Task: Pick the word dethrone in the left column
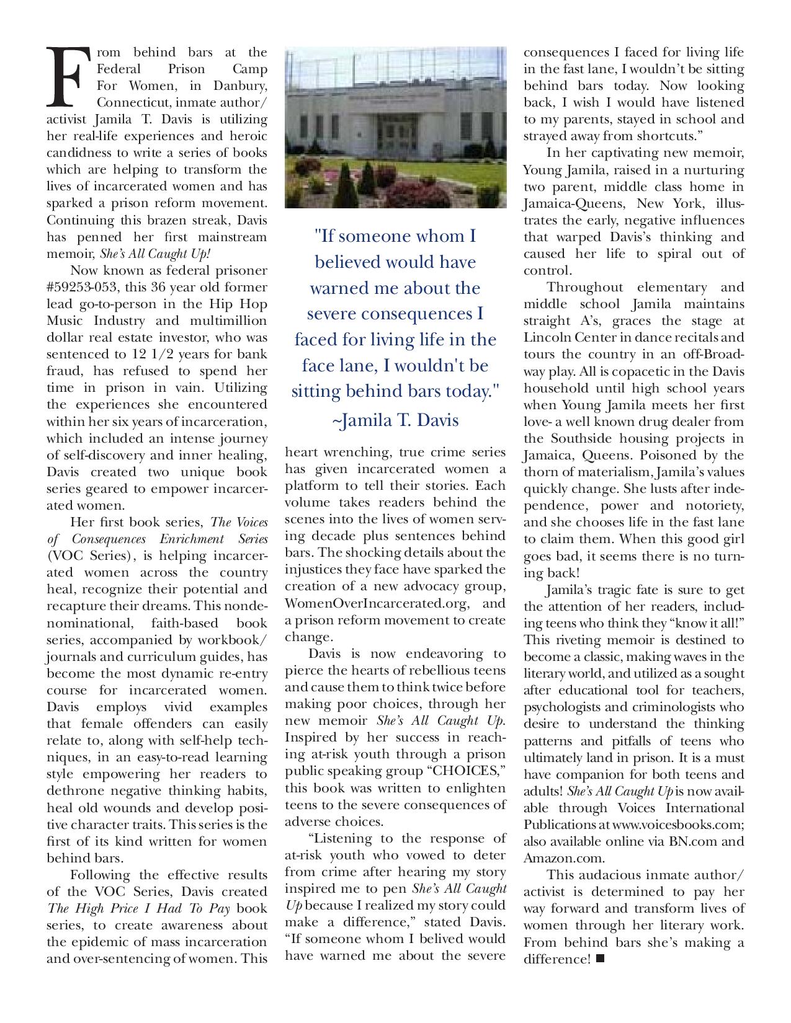coord(73,790)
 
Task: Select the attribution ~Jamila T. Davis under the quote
coord(395,420)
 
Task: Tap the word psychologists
coord(561,707)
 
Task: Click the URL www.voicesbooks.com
coord(677,825)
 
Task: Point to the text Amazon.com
coord(563,858)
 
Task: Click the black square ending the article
coord(599,959)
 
